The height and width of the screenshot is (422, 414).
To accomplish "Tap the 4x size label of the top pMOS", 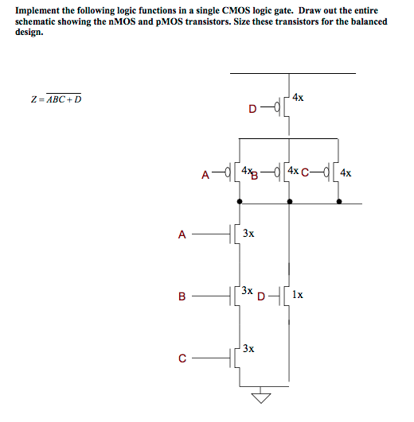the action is coord(297,98).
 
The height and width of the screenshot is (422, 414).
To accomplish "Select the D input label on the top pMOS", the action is coord(253,106).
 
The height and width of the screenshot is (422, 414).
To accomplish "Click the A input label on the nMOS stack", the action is coord(182,234).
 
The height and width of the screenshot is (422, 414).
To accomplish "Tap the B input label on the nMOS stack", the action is coord(182,297).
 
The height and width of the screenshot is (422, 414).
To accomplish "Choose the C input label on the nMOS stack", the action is coord(182,358).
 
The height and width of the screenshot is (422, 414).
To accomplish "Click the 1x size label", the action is coord(297,294).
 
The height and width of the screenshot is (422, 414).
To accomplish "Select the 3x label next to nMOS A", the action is coord(248,234).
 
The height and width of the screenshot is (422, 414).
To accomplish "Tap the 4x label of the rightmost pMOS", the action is coord(346,172).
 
